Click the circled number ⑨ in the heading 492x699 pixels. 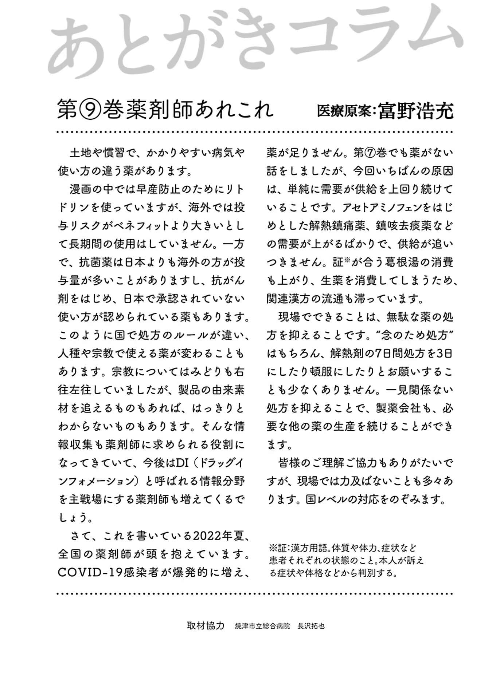tap(87, 110)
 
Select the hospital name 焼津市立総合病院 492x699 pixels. tap(262, 626)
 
